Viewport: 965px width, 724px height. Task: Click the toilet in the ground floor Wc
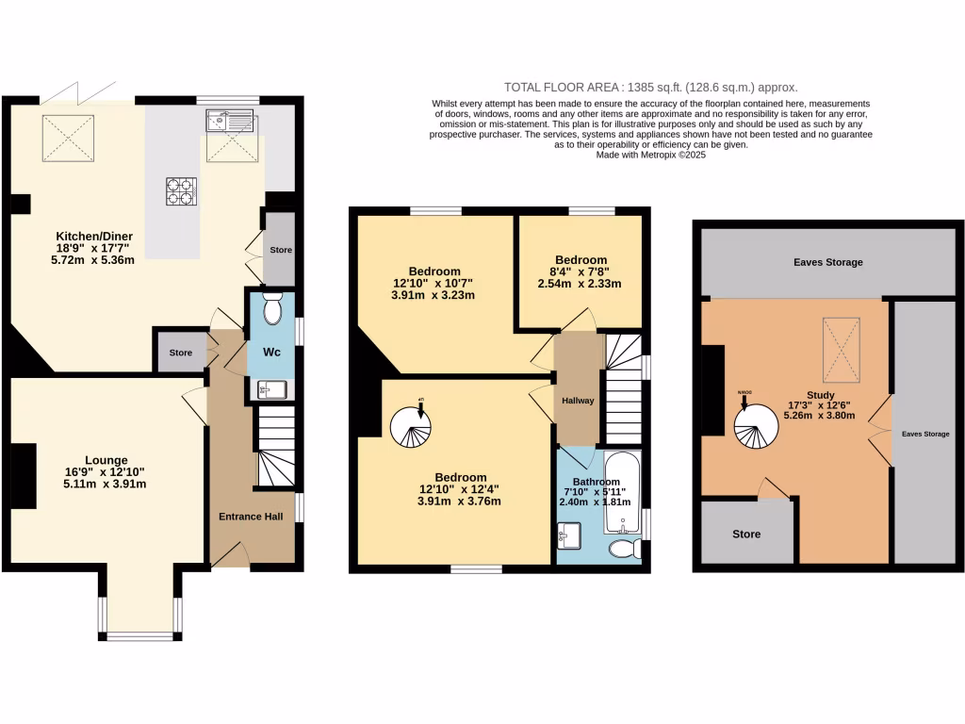click(x=272, y=309)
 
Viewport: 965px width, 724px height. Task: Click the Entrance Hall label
click(x=251, y=517)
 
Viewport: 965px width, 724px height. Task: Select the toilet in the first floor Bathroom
click(x=624, y=549)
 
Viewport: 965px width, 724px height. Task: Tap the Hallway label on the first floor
click(x=578, y=401)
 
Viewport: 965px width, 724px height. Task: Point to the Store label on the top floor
click(x=746, y=535)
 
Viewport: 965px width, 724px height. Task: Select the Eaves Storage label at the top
click(x=828, y=262)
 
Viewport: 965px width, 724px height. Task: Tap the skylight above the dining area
click(x=69, y=138)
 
